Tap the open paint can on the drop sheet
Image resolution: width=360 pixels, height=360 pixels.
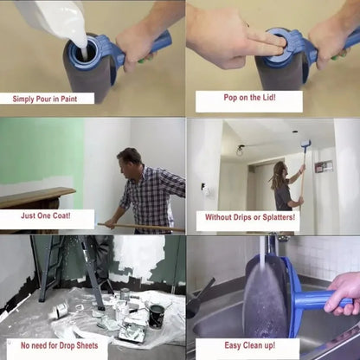(x=156, y=314)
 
